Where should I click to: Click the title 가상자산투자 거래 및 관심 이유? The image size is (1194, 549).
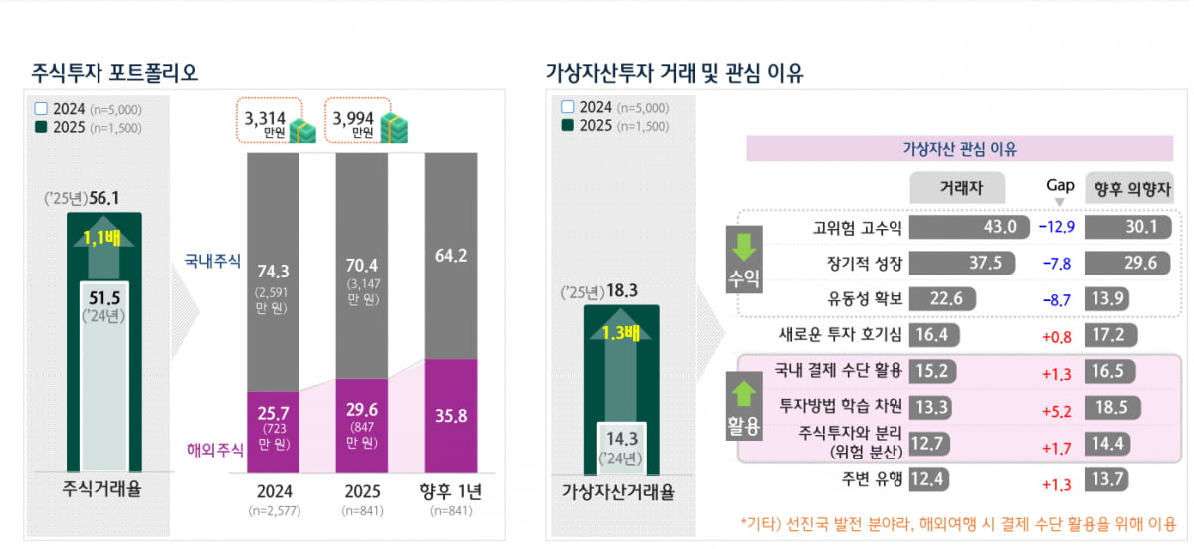click(x=675, y=73)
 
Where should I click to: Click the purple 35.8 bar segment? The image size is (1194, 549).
click(x=451, y=416)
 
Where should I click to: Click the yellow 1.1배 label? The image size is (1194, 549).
click(x=104, y=237)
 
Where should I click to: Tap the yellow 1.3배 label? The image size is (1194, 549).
click(x=620, y=332)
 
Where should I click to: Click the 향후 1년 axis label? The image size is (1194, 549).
click(x=451, y=492)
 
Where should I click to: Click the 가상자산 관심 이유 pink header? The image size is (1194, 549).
click(x=952, y=149)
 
